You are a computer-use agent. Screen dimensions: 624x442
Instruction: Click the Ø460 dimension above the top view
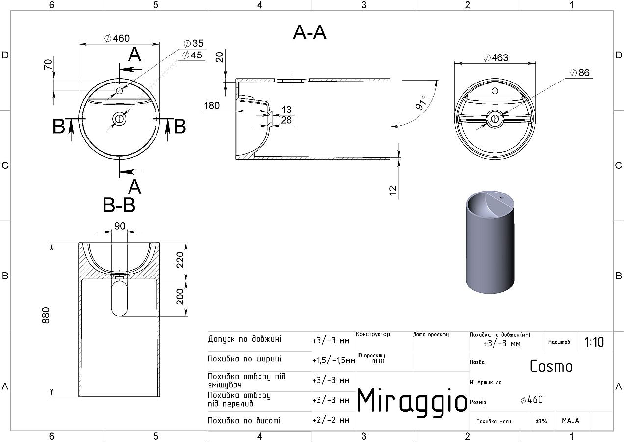tap(117, 38)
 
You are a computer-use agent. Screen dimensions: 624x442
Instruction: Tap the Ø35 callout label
tap(194, 43)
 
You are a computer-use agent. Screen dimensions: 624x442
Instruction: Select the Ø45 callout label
tap(192, 55)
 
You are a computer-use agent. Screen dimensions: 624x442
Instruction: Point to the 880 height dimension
tap(46, 315)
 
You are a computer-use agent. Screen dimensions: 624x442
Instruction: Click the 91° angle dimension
tap(421, 102)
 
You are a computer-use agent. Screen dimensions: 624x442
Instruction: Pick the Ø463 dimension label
tap(496, 58)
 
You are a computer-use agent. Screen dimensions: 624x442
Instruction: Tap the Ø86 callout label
tap(580, 73)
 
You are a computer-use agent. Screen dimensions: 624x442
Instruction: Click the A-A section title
tap(310, 32)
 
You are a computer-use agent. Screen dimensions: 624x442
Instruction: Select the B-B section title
tap(119, 205)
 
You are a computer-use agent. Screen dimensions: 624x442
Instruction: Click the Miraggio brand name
tap(412, 400)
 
